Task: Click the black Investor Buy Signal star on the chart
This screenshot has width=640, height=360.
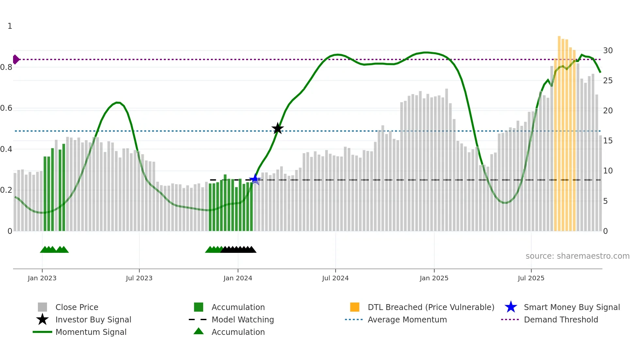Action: coord(278,129)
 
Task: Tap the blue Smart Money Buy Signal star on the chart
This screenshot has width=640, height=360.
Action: coord(255,179)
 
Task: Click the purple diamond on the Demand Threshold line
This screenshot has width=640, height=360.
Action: coord(16,59)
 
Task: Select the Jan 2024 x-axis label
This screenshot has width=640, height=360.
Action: coord(238,278)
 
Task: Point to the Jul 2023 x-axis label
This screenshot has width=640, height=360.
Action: coord(139,278)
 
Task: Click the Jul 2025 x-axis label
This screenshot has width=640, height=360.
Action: coord(531,278)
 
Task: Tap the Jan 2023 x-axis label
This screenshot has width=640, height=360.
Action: coord(42,278)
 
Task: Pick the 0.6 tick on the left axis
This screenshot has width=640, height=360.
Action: coord(6,108)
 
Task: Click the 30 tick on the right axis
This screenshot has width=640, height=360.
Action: coord(608,51)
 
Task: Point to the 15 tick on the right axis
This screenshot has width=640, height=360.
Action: coord(608,141)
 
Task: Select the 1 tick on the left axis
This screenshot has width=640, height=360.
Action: coord(10,26)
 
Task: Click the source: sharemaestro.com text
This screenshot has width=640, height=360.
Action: coord(577,256)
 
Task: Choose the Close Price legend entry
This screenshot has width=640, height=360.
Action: coord(77,307)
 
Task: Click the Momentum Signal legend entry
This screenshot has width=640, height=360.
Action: coord(91,332)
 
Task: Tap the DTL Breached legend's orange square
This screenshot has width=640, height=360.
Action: coord(355,307)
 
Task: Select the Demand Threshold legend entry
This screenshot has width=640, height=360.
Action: coord(561,319)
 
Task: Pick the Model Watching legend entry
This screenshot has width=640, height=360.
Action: coord(243,319)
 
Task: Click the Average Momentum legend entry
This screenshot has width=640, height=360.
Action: coord(407,319)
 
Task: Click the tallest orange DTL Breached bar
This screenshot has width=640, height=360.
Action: coord(559,131)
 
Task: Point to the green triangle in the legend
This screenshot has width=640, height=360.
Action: coord(199,331)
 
